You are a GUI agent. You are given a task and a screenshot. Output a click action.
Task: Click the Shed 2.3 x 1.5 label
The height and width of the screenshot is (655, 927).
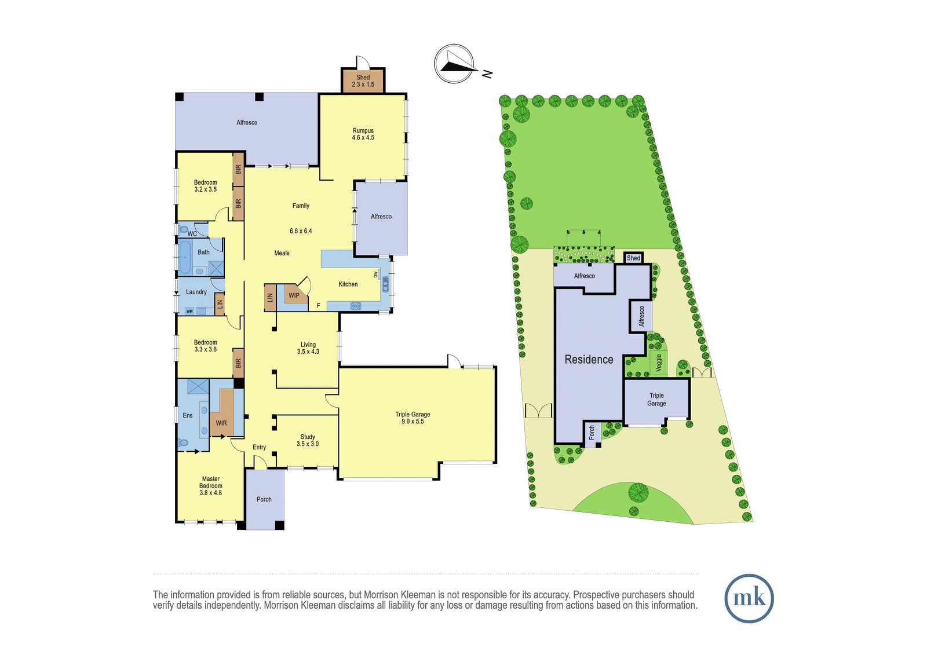363,80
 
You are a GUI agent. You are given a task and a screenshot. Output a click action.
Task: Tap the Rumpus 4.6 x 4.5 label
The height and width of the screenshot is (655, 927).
363,134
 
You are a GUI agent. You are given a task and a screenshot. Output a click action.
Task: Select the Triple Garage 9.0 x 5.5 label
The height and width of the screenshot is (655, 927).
413,418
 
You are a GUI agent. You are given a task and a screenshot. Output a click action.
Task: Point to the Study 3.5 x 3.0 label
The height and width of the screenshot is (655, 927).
308,440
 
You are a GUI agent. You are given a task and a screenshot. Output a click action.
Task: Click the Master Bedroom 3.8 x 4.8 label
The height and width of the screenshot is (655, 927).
211,486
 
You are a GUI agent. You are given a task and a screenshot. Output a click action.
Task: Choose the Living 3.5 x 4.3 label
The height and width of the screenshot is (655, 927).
308,348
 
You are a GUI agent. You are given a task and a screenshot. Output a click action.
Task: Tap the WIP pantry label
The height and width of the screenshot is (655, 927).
294,295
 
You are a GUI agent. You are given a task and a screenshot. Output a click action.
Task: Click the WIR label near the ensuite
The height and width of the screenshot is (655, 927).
221,423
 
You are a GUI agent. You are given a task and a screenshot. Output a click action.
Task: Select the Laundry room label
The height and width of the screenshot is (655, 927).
196,292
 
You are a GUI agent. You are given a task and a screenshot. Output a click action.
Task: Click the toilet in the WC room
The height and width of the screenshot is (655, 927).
183,229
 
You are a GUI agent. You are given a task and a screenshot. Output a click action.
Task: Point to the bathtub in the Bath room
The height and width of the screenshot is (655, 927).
185,257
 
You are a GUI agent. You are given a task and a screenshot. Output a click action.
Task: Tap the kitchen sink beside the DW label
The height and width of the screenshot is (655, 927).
386,284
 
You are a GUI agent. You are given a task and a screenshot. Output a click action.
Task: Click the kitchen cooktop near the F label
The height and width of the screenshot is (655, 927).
356,306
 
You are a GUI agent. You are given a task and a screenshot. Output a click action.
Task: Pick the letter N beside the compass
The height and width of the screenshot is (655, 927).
487,74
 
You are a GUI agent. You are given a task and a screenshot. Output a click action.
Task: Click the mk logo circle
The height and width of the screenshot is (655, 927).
749,598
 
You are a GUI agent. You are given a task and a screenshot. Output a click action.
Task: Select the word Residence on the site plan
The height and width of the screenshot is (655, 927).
589,359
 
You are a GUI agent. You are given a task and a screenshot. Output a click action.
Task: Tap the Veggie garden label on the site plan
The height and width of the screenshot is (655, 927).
659,363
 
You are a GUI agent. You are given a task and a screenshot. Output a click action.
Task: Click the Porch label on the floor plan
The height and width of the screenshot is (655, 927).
264,499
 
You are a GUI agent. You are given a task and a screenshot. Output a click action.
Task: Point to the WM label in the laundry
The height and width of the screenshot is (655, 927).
189,311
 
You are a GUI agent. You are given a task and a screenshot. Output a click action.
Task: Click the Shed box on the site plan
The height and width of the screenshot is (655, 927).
633,258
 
